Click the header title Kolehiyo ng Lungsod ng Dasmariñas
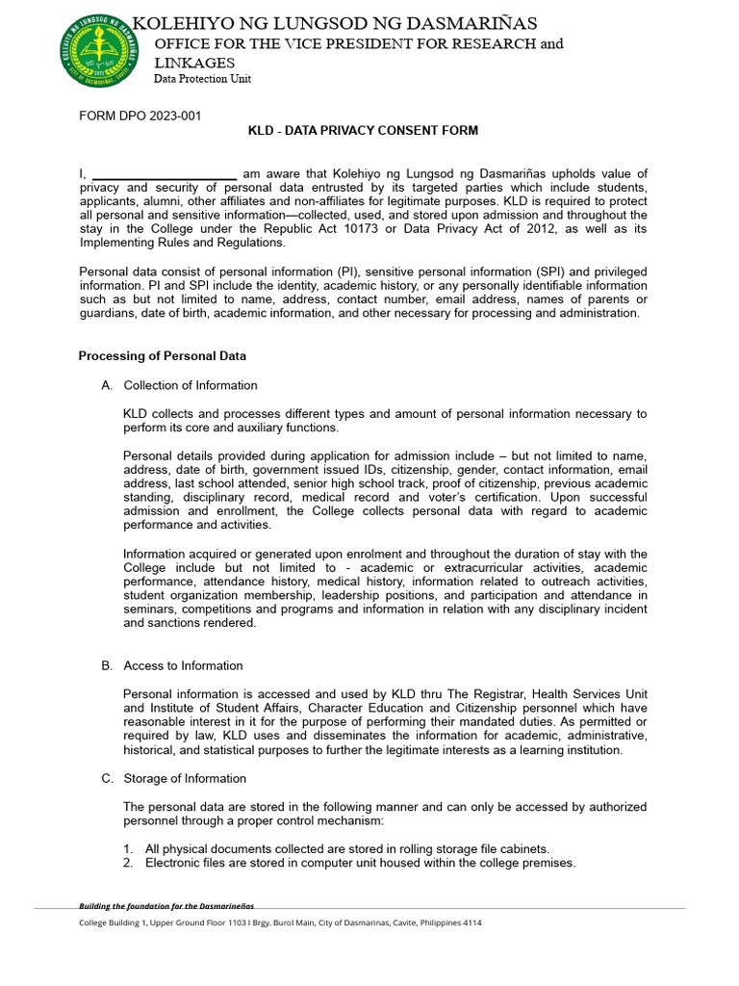(335, 23)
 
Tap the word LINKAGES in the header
(194, 63)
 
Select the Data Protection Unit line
(202, 79)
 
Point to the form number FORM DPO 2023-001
(140, 117)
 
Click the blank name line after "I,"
(164, 173)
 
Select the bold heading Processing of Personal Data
(162, 356)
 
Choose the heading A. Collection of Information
(179, 385)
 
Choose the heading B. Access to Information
(172, 665)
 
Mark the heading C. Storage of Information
(174, 778)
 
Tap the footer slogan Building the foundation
(166, 906)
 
